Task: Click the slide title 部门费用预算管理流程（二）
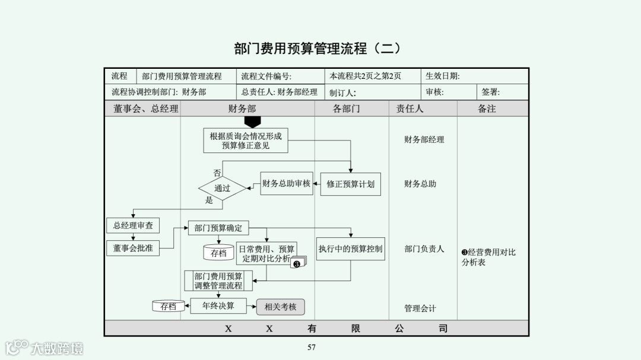coord(318,49)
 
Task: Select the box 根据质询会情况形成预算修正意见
coord(245,141)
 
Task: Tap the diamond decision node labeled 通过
coord(222,189)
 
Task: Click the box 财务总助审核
coord(286,183)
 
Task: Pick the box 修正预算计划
coord(350,184)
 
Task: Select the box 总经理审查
coord(133,225)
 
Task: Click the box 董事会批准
coord(133,249)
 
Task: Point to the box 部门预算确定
coord(218,228)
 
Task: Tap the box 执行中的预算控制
coord(350,249)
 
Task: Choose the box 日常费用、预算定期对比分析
coord(266,254)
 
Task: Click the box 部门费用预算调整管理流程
coord(218,281)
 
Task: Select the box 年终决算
coord(218,306)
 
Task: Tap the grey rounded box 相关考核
coord(280,307)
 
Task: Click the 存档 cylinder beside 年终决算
coord(168,306)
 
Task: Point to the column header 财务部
coord(242,109)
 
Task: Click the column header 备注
coord(487,109)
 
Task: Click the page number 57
coord(312,348)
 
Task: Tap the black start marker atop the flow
coord(253,122)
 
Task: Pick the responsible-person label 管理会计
coord(420,308)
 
